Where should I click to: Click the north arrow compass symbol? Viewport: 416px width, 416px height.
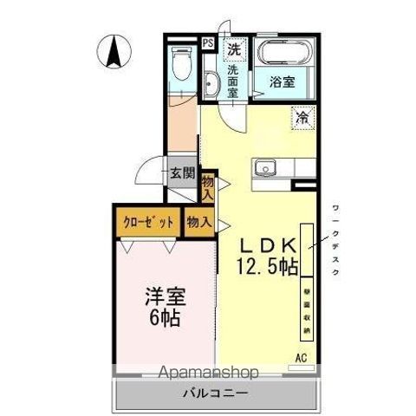[113, 50]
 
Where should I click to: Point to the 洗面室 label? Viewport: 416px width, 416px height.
[232, 81]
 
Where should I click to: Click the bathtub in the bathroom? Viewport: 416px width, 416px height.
[280, 53]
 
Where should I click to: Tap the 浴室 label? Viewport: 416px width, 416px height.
[283, 83]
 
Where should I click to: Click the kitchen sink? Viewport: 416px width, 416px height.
[265, 167]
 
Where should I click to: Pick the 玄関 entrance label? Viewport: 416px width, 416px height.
[181, 172]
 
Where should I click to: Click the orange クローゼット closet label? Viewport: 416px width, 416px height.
[147, 221]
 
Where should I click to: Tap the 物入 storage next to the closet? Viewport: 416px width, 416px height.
[198, 221]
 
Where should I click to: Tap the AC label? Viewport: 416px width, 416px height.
[301, 356]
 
